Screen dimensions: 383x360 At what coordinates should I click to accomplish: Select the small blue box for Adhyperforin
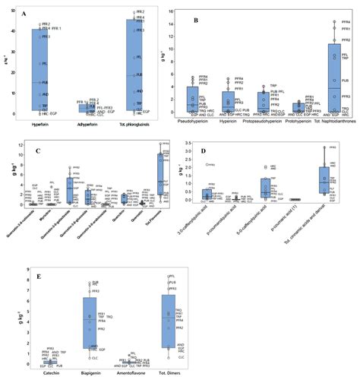point(87,109)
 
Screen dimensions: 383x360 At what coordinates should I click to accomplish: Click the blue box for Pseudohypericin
point(192,97)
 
